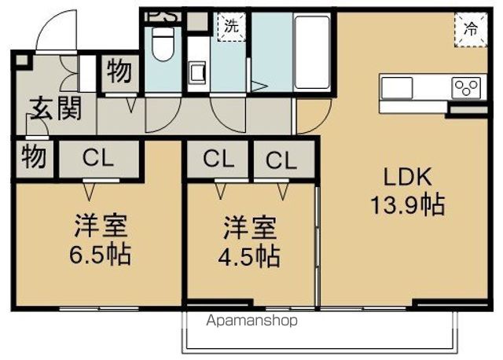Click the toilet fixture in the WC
[163, 44]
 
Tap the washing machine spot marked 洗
[232, 26]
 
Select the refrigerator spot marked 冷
[471, 30]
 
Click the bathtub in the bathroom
[312, 52]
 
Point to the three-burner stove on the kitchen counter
[466, 87]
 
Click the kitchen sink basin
[396, 87]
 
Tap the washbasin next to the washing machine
[196, 73]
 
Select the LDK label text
[408, 177]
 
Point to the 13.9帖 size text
[408, 204]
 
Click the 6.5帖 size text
[101, 255]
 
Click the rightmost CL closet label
[281, 160]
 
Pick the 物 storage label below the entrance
[33, 157]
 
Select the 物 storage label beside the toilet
[119, 72]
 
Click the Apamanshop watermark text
[251, 321]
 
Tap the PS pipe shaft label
[163, 17]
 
